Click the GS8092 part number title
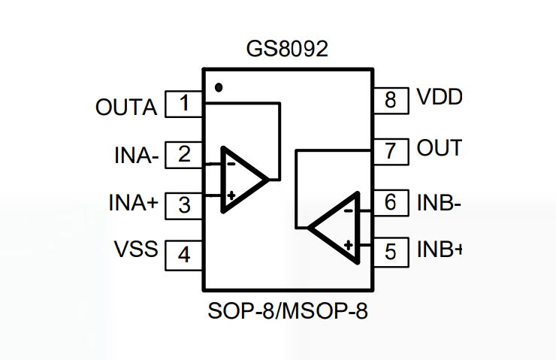pos(288,50)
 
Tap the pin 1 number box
pos(184,104)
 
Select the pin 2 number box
pos(184,155)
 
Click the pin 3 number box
pos(184,204)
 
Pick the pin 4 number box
pos(184,255)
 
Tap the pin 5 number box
pos(390,251)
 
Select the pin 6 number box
pos(390,201)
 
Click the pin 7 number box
pos(390,150)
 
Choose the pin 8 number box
pos(390,99)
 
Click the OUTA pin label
pos(126,107)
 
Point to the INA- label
pos(136,156)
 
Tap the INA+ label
pos(134,204)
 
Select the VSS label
pos(136,248)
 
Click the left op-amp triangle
pos(240,180)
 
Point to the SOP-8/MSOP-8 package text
pos(289,311)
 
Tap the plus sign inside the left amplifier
pos(231,196)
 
